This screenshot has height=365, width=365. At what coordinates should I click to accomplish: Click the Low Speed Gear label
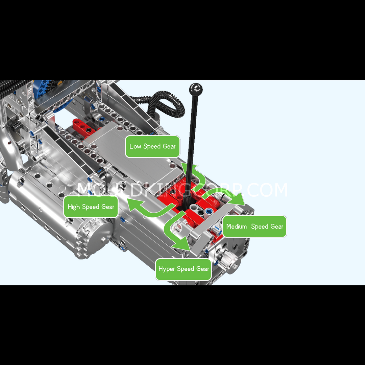(x=152, y=146)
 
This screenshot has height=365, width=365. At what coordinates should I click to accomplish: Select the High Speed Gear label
(x=91, y=207)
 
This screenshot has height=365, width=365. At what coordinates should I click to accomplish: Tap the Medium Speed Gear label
(x=255, y=226)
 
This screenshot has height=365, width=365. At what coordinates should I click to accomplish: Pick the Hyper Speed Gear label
(x=184, y=269)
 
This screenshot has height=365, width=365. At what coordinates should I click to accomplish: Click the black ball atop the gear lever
(x=196, y=89)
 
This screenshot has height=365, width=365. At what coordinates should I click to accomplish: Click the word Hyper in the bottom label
(x=167, y=269)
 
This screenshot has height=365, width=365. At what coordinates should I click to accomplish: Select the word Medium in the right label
(x=237, y=226)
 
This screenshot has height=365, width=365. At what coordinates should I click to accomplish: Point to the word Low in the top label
(x=135, y=146)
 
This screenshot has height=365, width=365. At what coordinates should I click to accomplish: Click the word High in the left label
(x=74, y=207)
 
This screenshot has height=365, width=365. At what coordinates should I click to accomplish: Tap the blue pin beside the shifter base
(x=209, y=211)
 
